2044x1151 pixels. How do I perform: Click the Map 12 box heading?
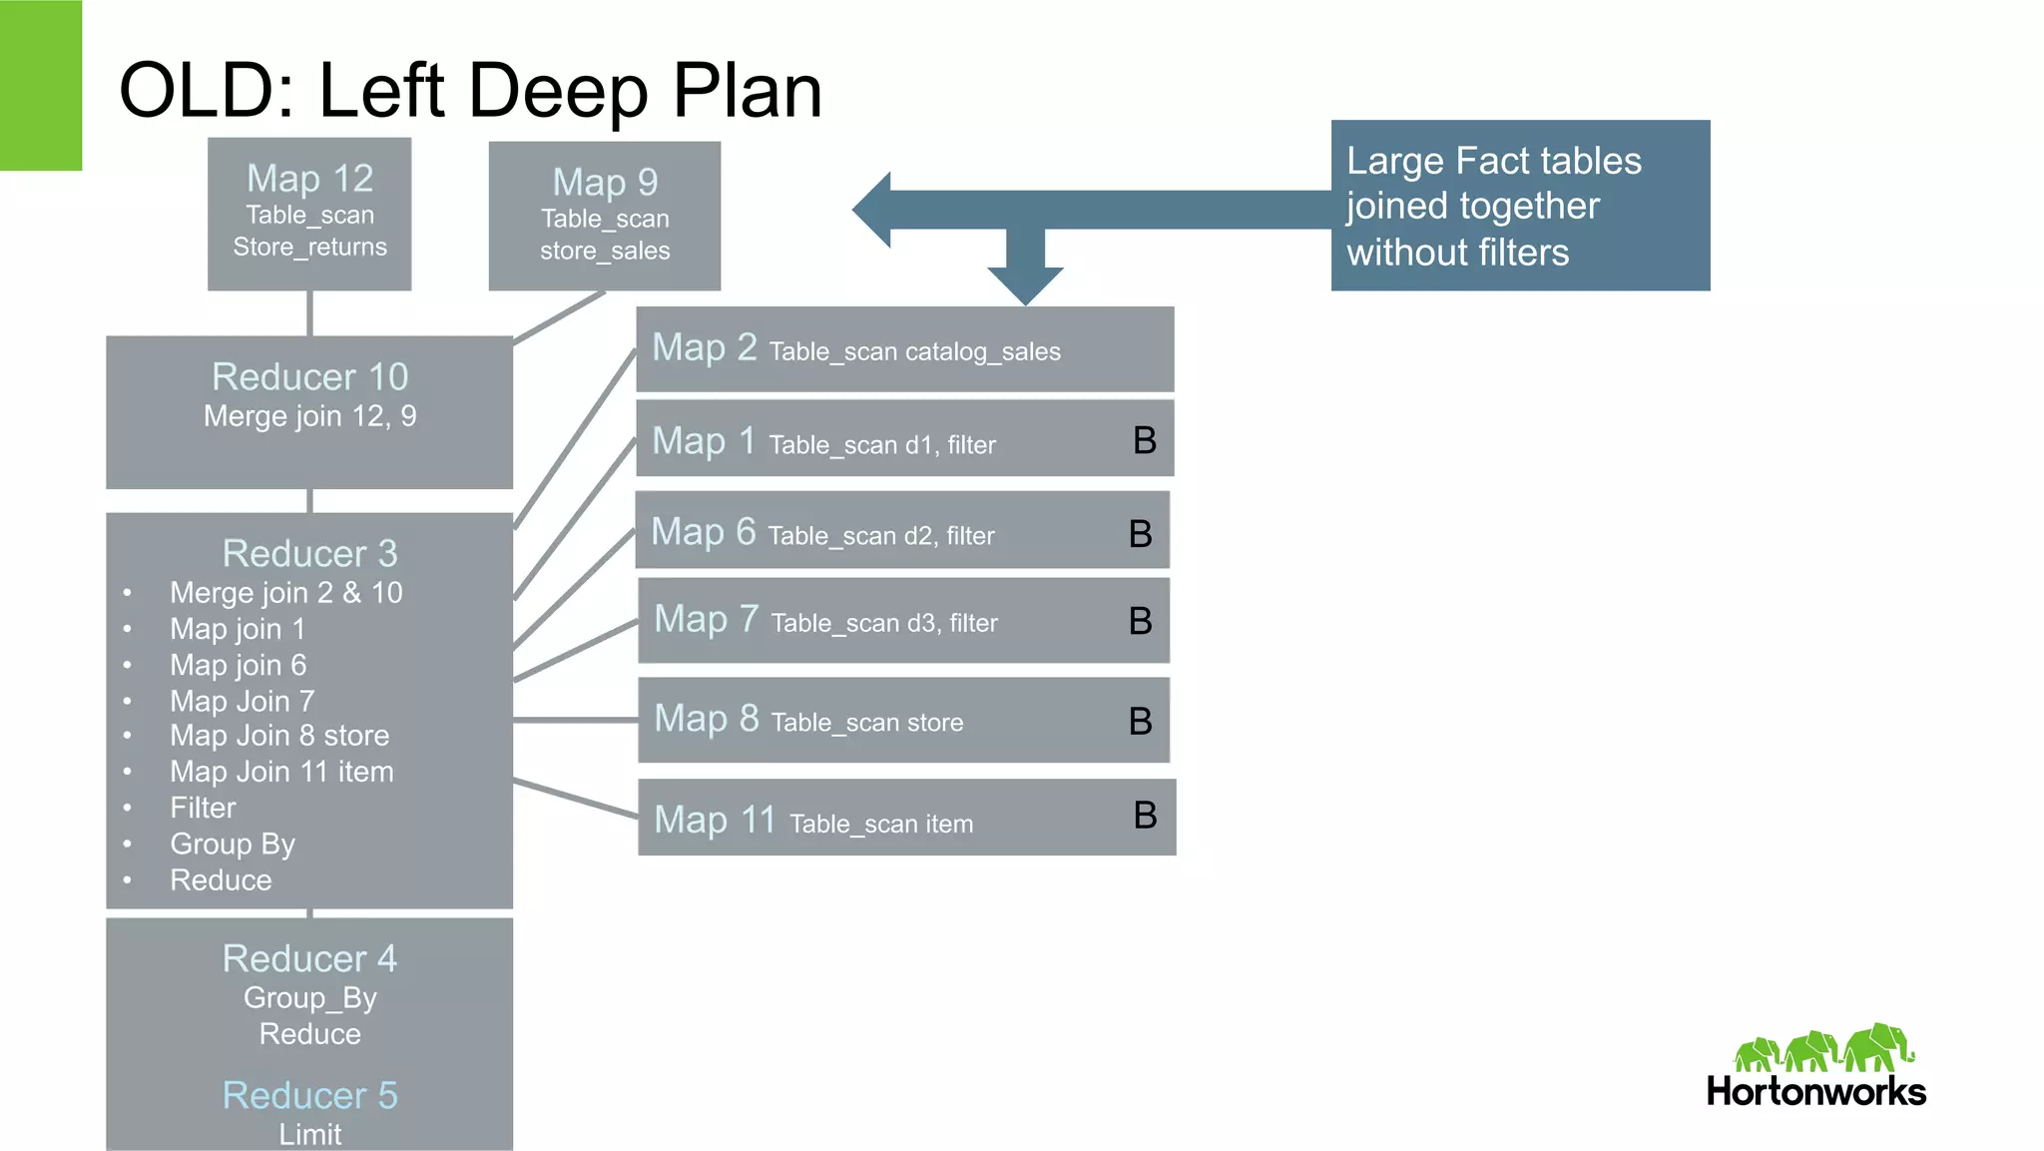coord(309,179)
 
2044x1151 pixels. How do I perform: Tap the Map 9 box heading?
coord(605,183)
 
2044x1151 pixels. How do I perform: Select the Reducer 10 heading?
coord(309,377)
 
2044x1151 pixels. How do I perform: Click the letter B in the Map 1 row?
coord(1145,440)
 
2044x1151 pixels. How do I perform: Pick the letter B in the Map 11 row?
coord(1145,816)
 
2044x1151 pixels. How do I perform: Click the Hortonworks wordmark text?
coord(1815,1091)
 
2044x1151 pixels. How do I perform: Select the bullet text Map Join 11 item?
coord(281,772)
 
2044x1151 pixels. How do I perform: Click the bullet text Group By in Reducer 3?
coord(233,845)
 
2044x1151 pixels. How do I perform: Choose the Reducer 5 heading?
coord(309,1096)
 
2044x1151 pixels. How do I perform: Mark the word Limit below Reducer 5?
coord(309,1135)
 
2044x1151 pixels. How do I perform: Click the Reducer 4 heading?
coord(309,959)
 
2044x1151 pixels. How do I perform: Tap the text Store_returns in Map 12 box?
coord(309,248)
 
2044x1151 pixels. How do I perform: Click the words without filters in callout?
coord(1457,253)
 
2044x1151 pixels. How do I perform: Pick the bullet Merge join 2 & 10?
coord(285,593)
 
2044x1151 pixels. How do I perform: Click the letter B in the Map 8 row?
coord(1140,721)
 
